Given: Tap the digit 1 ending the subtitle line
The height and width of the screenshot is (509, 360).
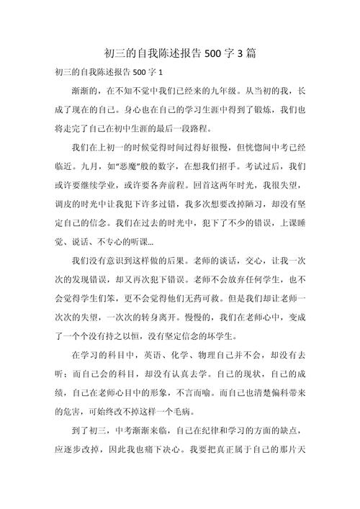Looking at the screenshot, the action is click(x=161, y=73).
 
